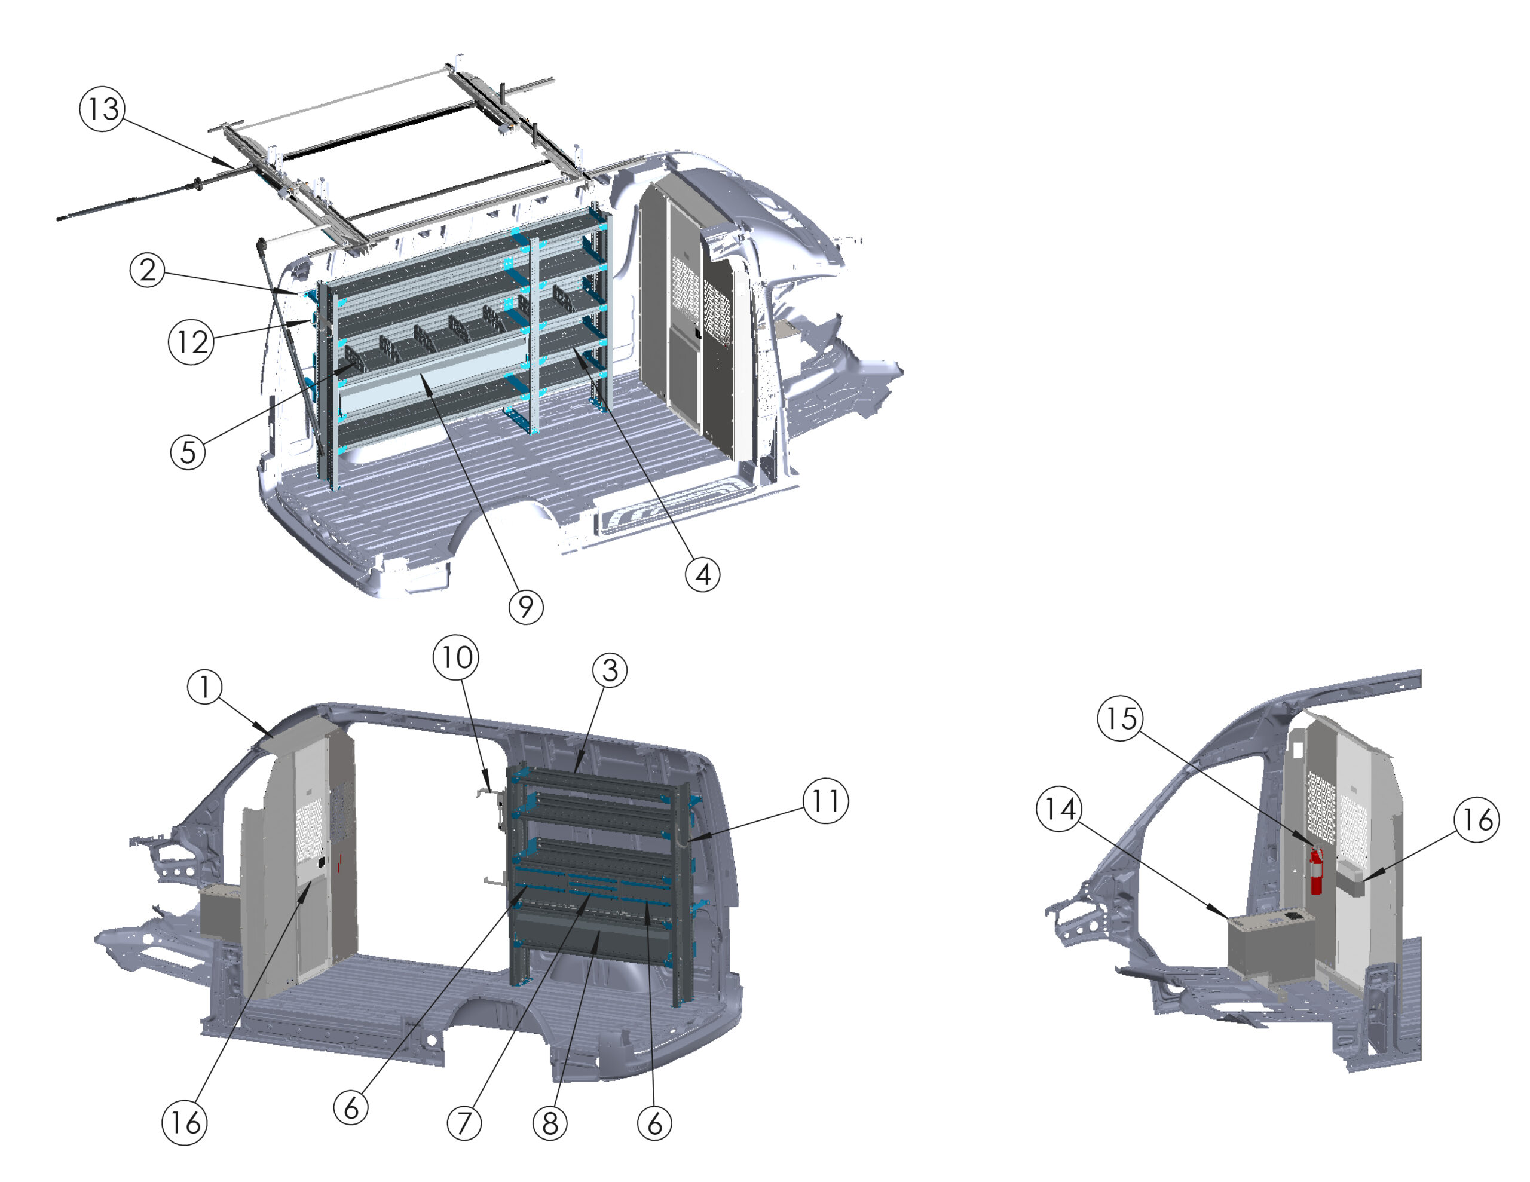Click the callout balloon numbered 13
click(x=103, y=109)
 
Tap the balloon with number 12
click(x=191, y=342)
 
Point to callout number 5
click(x=188, y=452)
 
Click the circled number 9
click(x=526, y=606)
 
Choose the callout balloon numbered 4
click(x=703, y=574)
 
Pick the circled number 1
click(x=205, y=687)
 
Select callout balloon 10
click(x=456, y=657)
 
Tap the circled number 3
click(x=610, y=670)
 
